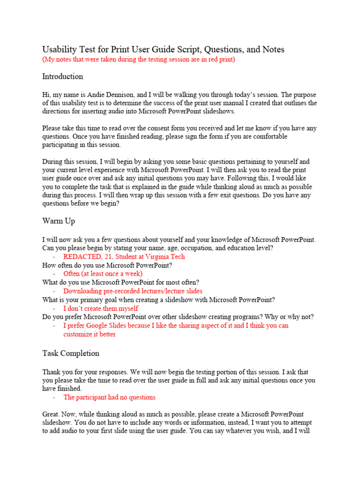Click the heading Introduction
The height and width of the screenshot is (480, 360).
pos(62,76)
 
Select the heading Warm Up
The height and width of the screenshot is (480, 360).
pos(59,220)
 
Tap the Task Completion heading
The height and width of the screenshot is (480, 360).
pos(71,353)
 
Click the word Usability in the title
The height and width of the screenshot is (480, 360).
pos(59,49)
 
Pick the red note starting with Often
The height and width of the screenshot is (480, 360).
pos(103,273)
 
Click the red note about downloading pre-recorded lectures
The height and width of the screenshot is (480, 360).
pos(133,291)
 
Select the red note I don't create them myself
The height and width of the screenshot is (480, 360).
pos(101,308)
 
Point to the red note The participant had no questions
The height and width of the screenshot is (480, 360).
pos(109,397)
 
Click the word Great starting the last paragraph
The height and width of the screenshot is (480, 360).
pos(52,414)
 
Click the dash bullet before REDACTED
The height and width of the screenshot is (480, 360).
pos(54,256)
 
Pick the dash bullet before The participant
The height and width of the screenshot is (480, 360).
pos(54,397)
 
